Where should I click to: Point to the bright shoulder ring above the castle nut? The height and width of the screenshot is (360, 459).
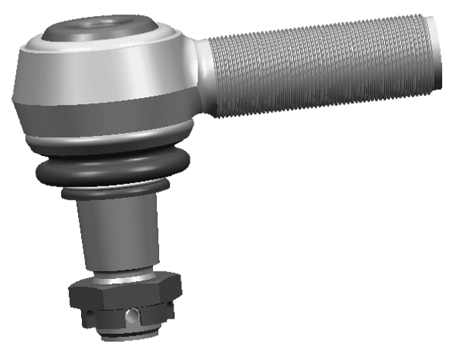pyautogui.click(x=126, y=278)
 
